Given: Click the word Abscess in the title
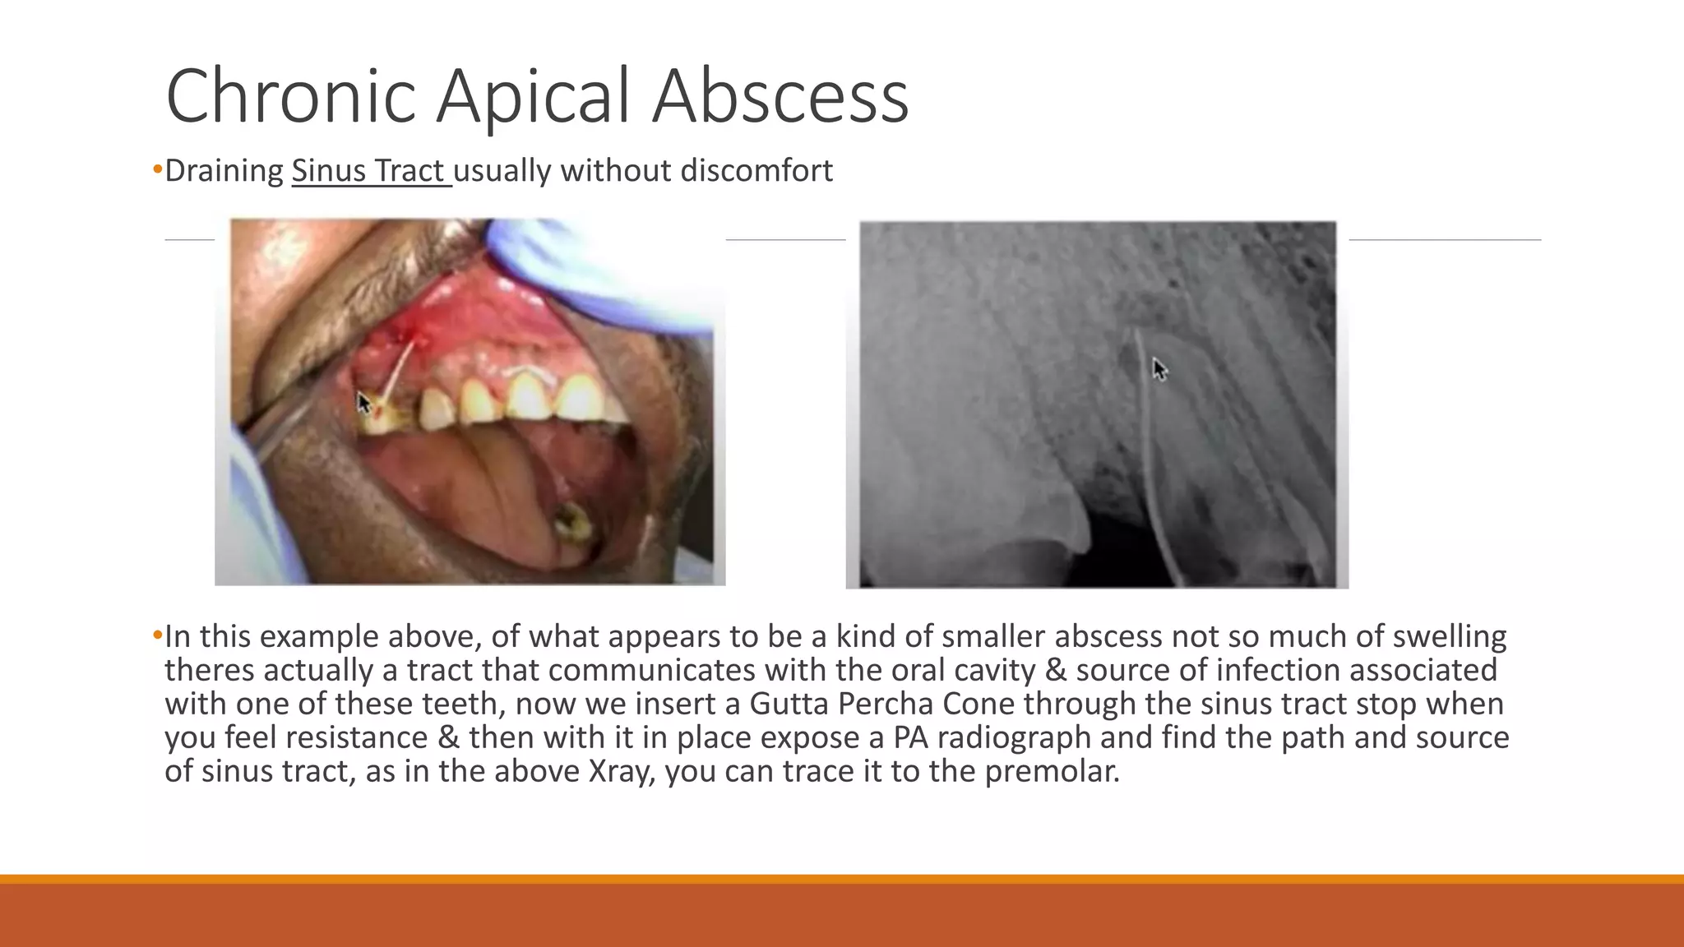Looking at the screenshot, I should coord(780,96).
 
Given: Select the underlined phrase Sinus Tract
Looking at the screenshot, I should coord(371,171).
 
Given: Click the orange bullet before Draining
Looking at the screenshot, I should coord(157,170).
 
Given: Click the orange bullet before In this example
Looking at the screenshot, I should coord(157,635).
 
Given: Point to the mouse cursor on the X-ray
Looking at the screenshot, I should coord(1159,369).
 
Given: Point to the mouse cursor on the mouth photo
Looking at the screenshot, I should coord(363,403).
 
